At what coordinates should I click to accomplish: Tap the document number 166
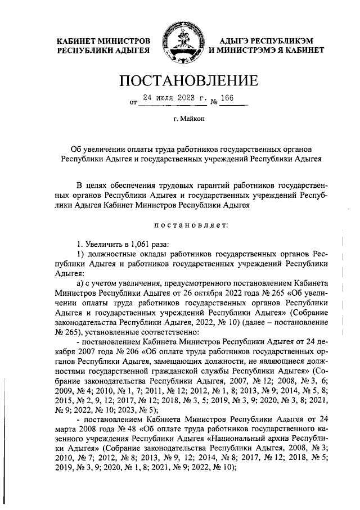click(x=228, y=98)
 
